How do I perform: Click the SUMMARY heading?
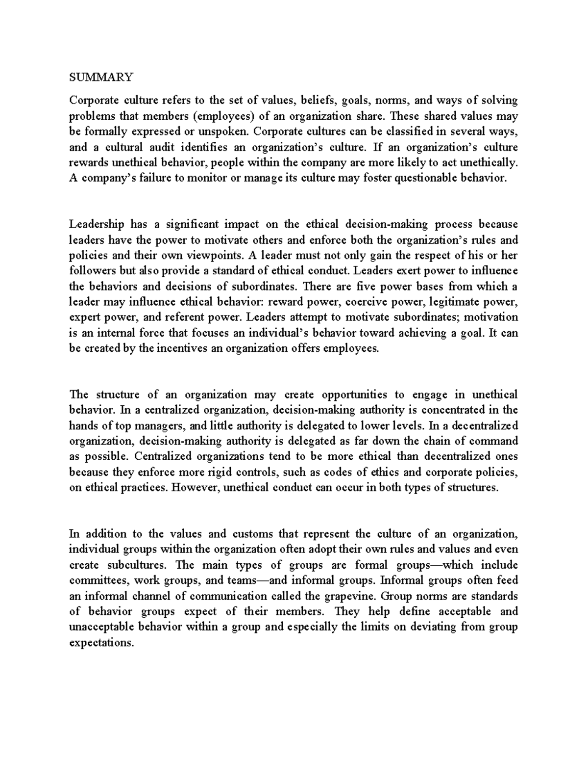pyautogui.click(x=101, y=77)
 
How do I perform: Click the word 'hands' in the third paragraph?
pyautogui.click(x=81, y=425)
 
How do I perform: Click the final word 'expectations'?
pyautogui.click(x=101, y=643)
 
